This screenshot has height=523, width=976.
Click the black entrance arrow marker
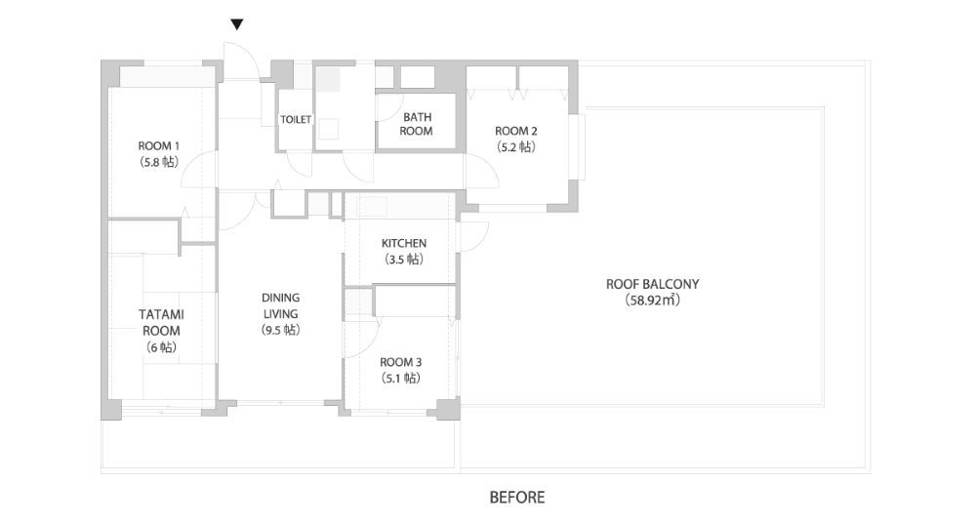[x=236, y=25]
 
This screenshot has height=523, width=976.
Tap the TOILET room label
[x=296, y=120]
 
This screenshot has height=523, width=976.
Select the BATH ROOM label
[x=417, y=124]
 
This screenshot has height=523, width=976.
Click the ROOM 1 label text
[x=159, y=146]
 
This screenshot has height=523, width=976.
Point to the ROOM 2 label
[x=516, y=132]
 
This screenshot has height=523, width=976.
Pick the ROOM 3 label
[x=401, y=362]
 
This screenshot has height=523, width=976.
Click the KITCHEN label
[x=404, y=243]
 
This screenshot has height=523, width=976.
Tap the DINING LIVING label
[x=281, y=305]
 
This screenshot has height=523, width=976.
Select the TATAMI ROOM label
[x=161, y=323]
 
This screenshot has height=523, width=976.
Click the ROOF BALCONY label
[x=652, y=284]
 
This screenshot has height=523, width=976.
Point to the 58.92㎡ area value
[x=652, y=301]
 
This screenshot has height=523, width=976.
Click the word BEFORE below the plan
[x=517, y=498]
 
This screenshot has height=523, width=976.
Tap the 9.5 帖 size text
[x=281, y=330]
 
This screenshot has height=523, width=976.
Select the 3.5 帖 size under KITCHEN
[x=404, y=260]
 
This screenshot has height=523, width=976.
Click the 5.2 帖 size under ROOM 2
[x=516, y=147]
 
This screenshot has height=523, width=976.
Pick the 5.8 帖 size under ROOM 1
[x=159, y=163]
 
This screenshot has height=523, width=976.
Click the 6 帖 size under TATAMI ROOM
[x=161, y=347]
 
